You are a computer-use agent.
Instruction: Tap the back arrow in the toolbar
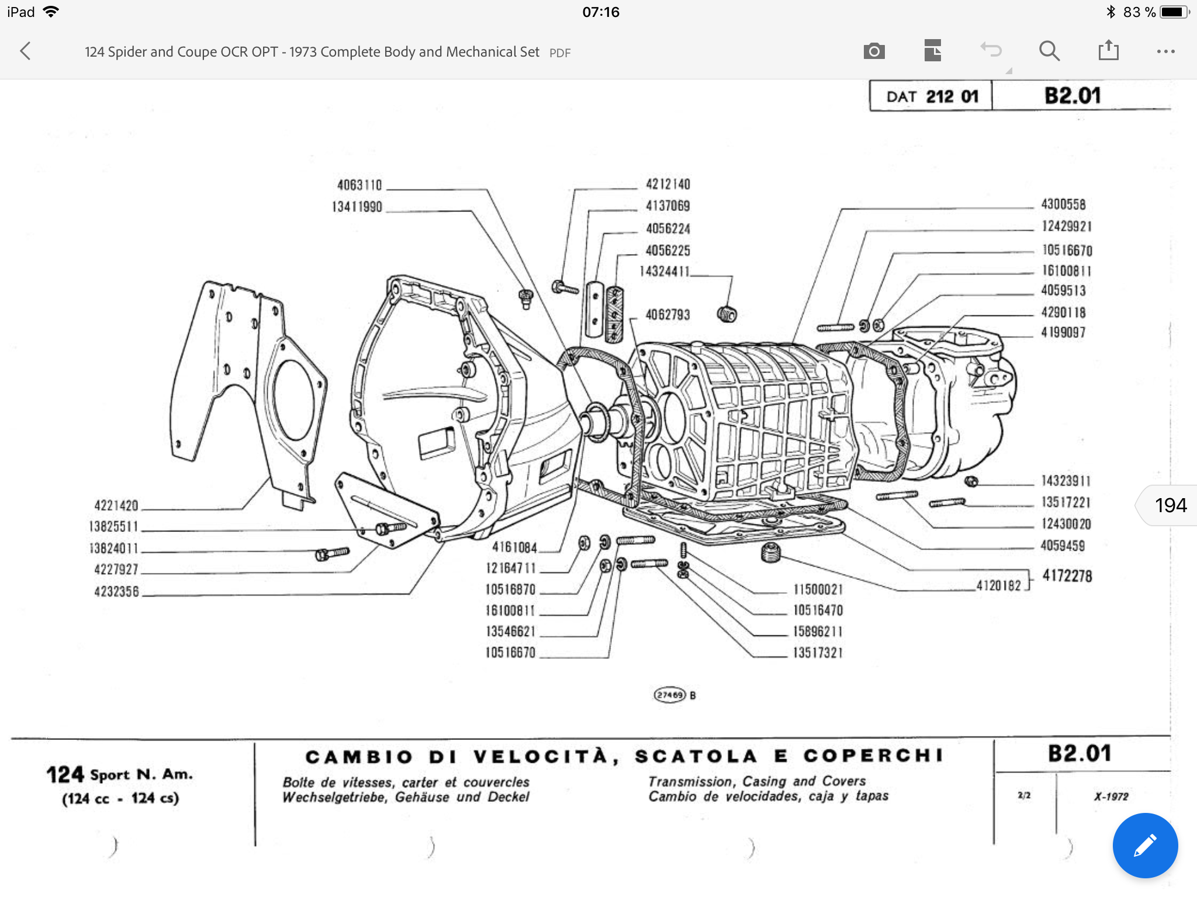pos(25,51)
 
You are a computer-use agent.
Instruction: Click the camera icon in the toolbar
pos(874,51)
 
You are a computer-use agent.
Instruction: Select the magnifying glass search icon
pos(1049,51)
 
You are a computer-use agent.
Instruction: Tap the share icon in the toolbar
pos(1108,51)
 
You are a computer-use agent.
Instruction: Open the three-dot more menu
pos(1165,51)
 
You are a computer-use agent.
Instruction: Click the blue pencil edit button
pos(1145,845)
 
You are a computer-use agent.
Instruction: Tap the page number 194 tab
pos(1170,505)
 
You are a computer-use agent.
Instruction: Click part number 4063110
pos(359,185)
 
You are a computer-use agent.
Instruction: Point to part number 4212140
pos(667,185)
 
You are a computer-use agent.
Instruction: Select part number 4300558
pos(1063,204)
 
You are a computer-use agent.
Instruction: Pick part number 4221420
pos(116,505)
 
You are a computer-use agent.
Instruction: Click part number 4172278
pos(1067,576)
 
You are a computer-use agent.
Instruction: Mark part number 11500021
pos(818,589)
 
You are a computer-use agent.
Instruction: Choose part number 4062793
pos(667,315)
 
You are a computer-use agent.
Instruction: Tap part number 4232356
pos(116,592)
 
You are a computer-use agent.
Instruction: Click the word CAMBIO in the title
pos(359,757)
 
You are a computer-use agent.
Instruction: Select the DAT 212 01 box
pos(932,96)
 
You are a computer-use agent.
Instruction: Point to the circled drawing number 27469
pos(669,695)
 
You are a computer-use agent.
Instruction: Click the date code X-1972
pos(1111,797)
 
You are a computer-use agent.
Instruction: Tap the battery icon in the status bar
pos(1174,12)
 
